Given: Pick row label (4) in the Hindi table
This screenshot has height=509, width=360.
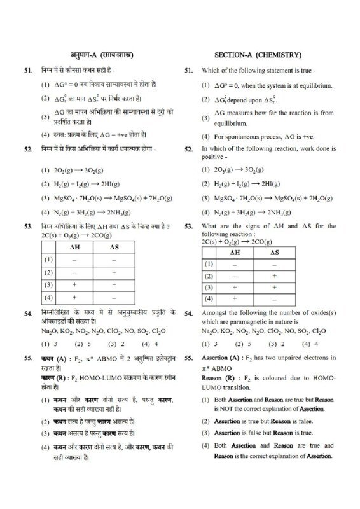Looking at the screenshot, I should point(48,296).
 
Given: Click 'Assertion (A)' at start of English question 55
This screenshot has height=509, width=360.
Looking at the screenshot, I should point(225,359).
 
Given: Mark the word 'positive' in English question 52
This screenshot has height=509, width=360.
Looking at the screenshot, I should point(213,157).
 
